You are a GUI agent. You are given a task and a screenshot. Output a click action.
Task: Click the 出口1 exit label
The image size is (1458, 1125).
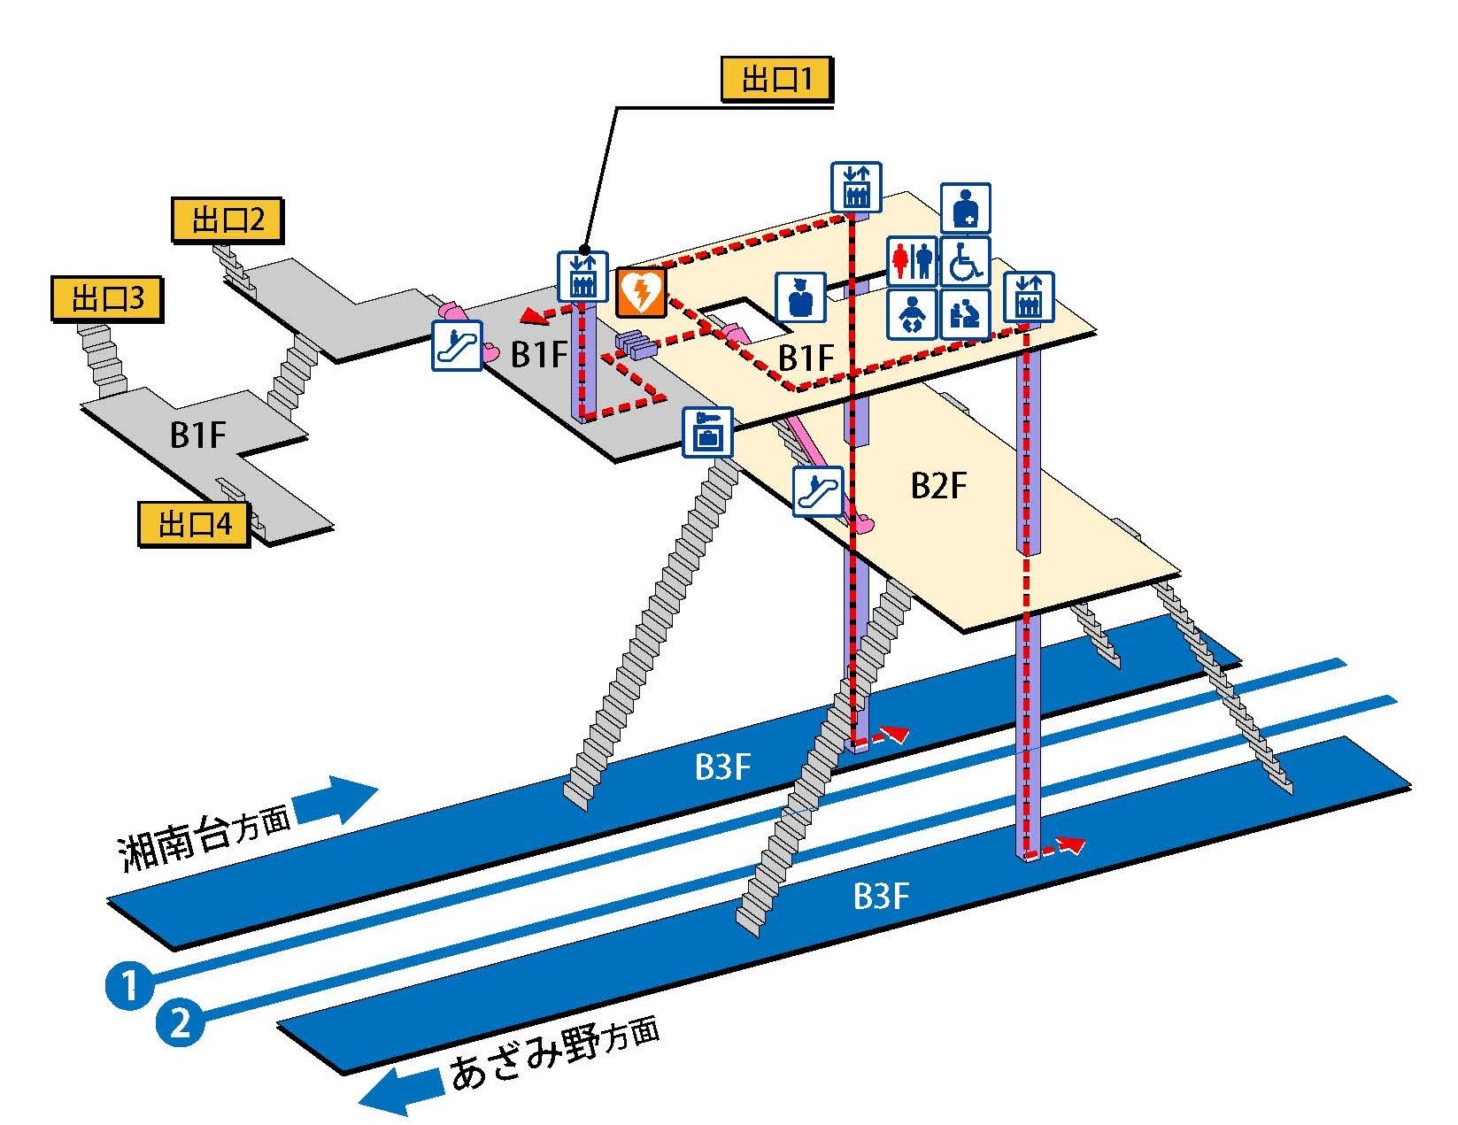(x=776, y=81)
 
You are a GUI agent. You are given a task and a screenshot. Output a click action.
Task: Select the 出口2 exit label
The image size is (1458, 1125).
(x=227, y=220)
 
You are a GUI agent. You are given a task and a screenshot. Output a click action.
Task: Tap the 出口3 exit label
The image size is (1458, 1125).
(x=107, y=299)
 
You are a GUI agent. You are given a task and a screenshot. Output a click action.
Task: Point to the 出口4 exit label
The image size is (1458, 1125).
(x=194, y=524)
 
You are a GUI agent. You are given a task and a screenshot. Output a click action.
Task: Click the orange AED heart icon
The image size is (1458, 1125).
(x=641, y=293)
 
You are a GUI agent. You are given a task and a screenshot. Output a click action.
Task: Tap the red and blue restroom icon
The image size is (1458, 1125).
(x=912, y=261)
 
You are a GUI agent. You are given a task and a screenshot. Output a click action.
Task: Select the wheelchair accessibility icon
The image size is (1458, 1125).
(x=965, y=261)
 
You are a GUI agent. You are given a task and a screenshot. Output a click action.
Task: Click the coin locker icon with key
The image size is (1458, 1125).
(x=707, y=431)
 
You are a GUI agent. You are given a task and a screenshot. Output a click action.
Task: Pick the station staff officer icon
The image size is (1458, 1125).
(x=801, y=297)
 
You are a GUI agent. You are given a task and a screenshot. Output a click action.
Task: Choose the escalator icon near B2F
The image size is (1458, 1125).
(x=817, y=490)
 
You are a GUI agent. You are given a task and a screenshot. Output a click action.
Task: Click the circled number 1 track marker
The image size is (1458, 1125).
(x=128, y=984)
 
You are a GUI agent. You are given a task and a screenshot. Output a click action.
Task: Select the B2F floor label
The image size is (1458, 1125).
(x=938, y=486)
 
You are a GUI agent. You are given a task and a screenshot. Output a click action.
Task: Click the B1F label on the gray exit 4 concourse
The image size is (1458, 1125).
(x=198, y=435)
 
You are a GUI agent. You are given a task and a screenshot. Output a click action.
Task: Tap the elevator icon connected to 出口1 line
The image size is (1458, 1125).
(x=582, y=275)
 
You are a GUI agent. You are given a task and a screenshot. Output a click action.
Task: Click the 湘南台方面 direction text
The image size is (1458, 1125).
(x=204, y=840)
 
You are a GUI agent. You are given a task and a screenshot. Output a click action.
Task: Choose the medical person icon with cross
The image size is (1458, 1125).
(x=965, y=209)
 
